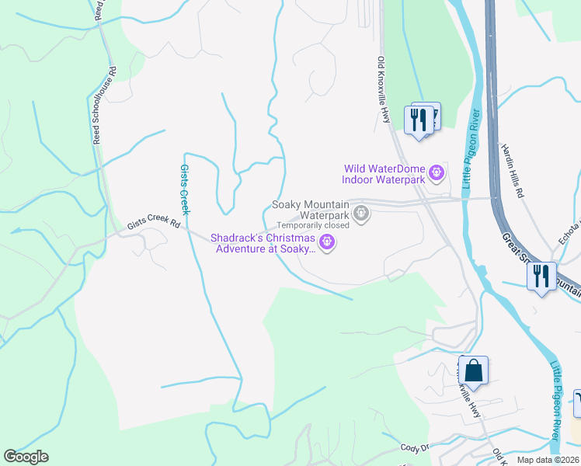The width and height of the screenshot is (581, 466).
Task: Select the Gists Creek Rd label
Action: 154,225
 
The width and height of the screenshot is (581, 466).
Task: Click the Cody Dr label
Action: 416,448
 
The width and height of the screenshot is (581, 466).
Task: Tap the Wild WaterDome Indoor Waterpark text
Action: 385,174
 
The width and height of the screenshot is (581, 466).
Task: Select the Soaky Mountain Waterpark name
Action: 310,210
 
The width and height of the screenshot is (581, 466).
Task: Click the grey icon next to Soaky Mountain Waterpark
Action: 360,212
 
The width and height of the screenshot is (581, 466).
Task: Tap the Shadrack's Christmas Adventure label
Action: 265,243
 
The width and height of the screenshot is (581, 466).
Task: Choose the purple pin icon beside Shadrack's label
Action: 328,243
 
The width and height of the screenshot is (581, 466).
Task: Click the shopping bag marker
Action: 473,371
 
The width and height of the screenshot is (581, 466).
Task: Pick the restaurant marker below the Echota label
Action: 541,276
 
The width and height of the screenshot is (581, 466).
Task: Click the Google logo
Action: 26,457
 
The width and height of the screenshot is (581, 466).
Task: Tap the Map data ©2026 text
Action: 547,460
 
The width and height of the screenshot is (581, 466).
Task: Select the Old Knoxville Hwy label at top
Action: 384,89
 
